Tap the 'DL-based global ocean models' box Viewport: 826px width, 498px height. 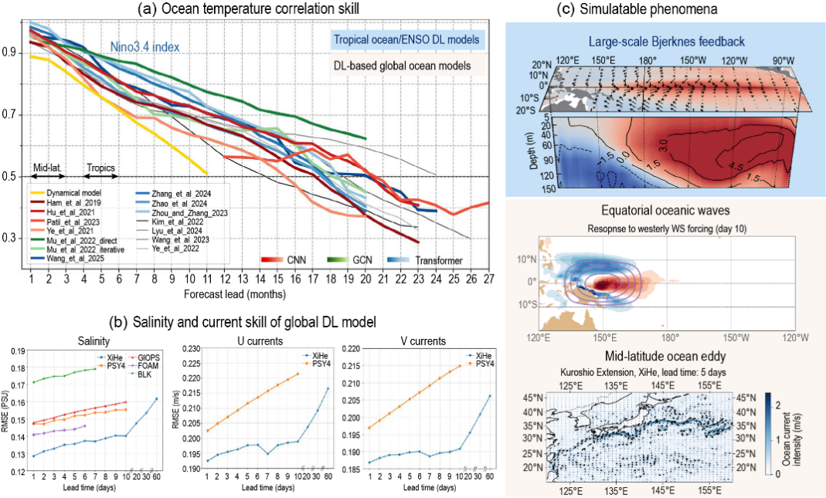click(402, 66)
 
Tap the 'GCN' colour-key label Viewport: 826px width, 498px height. click(361, 260)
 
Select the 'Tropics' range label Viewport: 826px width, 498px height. click(101, 166)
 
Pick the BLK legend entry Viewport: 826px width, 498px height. click(144, 374)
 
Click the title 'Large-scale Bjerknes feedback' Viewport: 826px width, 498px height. click(666, 41)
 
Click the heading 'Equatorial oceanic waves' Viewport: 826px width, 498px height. click(666, 210)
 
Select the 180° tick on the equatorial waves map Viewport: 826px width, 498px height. click(670, 337)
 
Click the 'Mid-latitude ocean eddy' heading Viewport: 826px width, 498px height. click(666, 356)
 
